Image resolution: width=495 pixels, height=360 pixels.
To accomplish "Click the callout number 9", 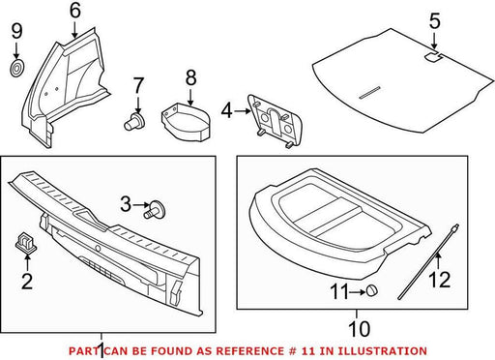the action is (x=16, y=32).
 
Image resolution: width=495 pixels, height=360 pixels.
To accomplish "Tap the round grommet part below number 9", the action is (x=17, y=68).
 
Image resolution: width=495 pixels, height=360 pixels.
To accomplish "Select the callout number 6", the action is (x=74, y=11).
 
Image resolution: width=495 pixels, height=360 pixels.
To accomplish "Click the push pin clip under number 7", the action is (x=133, y=122).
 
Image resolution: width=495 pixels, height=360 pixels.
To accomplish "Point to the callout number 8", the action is (x=190, y=77).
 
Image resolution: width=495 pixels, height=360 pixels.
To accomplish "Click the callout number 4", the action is (x=227, y=111).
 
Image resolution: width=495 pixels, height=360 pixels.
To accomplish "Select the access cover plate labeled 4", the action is (x=275, y=121).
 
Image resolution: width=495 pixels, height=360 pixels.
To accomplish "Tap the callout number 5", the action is (x=434, y=21).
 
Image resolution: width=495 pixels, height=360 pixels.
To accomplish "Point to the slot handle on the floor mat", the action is (x=369, y=92).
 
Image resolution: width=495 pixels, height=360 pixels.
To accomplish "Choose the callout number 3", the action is (x=126, y=204).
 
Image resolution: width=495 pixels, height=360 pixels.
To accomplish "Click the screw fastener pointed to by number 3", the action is (x=154, y=209).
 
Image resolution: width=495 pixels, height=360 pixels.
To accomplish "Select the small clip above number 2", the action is (x=25, y=242).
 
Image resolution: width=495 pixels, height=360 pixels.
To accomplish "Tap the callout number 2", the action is (x=27, y=281).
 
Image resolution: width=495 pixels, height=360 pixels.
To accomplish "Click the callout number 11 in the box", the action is (x=339, y=291).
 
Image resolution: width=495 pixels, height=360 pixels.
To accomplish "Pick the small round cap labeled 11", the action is (x=371, y=290).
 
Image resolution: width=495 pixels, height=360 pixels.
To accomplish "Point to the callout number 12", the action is (x=440, y=280).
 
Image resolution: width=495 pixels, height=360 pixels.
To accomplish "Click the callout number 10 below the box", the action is (x=360, y=329).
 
